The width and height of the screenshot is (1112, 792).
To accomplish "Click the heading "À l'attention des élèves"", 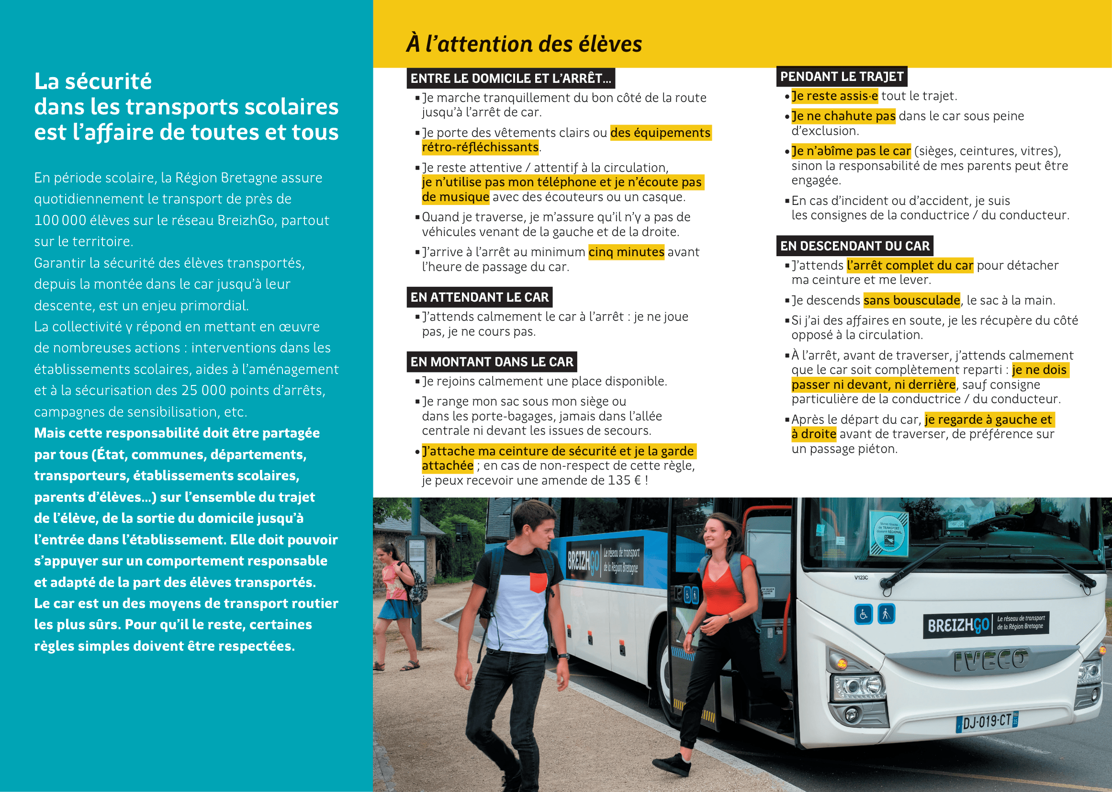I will (524, 44).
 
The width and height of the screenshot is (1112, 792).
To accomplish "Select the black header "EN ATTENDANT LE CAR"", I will (479, 297).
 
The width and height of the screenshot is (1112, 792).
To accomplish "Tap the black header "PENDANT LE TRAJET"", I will (842, 77).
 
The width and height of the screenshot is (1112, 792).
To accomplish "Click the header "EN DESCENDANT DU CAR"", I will (854, 246).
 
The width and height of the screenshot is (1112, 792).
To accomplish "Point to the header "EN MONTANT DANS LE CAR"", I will (492, 362).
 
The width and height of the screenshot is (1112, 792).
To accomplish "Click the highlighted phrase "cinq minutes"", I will (626, 252).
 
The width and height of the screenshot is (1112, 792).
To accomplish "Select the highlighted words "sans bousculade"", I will (911, 300).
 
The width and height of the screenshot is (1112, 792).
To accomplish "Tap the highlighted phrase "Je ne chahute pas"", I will (843, 116).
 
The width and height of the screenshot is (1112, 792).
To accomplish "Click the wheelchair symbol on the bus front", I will (863, 614).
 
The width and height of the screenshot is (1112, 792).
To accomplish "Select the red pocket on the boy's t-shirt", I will (538, 582).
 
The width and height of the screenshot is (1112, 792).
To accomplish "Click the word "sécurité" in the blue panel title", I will (108, 81).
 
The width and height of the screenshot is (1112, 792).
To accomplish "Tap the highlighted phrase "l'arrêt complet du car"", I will (910, 265).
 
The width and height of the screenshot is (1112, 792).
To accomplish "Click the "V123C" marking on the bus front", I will (861, 577).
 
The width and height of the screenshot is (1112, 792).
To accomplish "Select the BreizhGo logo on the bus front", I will (958, 625).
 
